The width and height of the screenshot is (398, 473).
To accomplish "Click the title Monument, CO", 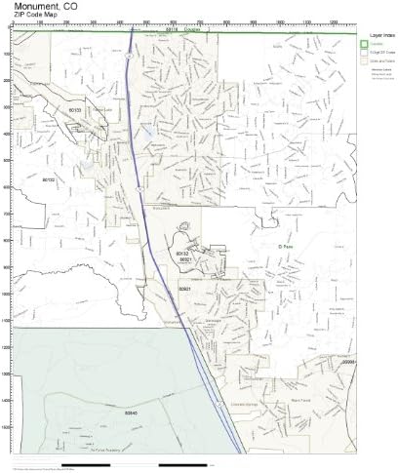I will (41, 6).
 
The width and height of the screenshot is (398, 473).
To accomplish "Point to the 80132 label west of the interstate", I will (181, 253).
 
